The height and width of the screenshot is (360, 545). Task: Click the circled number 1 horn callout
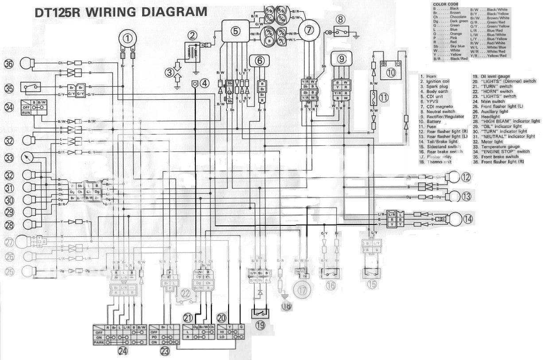click(128, 39)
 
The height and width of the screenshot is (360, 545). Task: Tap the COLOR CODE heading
click(444, 4)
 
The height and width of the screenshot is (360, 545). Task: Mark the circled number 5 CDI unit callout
click(235, 31)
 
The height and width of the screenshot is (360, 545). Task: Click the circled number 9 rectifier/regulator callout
click(341, 58)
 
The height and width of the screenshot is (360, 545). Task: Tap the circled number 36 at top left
click(9, 64)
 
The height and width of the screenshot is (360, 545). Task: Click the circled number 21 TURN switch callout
click(188, 317)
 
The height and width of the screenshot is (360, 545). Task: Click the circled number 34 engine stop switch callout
click(9, 107)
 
